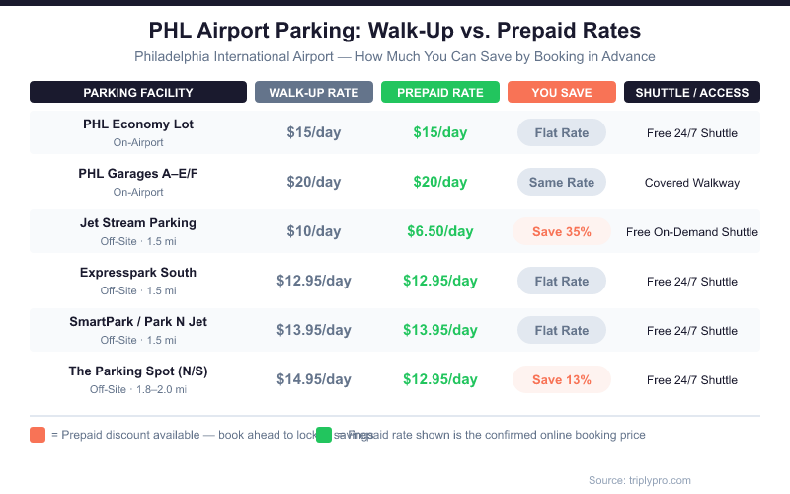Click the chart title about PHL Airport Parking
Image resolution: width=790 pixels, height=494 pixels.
point(395,30)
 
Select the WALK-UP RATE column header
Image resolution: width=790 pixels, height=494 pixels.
point(314,93)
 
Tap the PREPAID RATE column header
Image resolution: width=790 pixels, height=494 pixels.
point(440,93)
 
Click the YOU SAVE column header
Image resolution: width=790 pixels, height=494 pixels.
point(562,93)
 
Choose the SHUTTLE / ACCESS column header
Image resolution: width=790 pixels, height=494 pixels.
point(692,93)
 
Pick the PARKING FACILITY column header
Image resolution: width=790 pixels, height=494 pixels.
point(138,93)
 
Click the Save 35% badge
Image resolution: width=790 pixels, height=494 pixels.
point(562,232)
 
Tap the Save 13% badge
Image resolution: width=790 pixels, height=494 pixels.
point(562,379)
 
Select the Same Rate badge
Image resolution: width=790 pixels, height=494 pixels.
point(562,182)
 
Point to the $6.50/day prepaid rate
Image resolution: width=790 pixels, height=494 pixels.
point(440,232)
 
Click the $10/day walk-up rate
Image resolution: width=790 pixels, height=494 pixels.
point(314,232)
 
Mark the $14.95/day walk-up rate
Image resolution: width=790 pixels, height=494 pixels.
point(314,379)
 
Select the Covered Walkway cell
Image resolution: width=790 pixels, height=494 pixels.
point(692,183)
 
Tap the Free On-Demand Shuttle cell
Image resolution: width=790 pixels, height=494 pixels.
point(692,232)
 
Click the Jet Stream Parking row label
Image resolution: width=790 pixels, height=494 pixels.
point(138,223)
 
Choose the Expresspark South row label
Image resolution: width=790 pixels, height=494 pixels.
point(138,273)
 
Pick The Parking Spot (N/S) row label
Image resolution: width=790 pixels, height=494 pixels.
point(138,371)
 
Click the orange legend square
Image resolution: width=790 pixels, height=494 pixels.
point(38,435)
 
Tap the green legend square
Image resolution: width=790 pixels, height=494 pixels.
point(324,435)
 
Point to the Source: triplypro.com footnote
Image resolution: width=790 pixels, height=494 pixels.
point(640,480)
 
